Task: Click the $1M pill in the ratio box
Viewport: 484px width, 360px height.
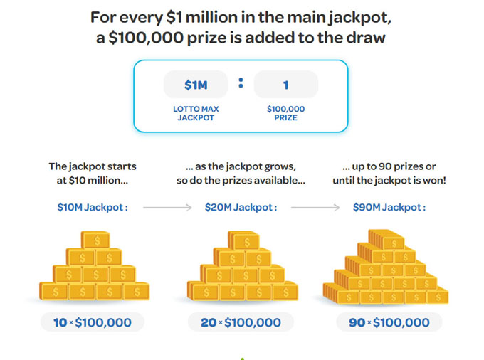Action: (x=196, y=85)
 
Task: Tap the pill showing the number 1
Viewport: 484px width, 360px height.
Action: (x=285, y=85)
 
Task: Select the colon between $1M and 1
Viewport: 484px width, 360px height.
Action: (x=241, y=83)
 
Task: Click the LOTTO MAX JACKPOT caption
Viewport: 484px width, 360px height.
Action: (x=196, y=113)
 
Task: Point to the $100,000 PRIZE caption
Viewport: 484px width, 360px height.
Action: (x=285, y=113)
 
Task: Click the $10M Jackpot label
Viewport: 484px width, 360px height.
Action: (x=93, y=207)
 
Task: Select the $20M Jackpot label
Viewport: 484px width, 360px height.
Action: (x=241, y=207)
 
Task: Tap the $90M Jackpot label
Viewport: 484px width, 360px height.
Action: (x=389, y=207)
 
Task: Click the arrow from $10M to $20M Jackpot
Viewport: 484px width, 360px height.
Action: (x=167, y=208)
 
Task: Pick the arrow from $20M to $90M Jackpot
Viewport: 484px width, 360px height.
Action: (x=316, y=208)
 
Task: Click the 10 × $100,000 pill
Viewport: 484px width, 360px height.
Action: (x=93, y=322)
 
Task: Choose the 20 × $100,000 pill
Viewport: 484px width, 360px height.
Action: (x=241, y=322)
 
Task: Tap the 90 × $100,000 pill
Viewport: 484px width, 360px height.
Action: (x=389, y=322)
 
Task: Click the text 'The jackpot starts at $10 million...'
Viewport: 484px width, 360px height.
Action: (x=93, y=173)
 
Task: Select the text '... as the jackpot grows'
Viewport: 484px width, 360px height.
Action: (x=241, y=166)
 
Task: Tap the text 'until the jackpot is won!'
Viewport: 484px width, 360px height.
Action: (x=389, y=181)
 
